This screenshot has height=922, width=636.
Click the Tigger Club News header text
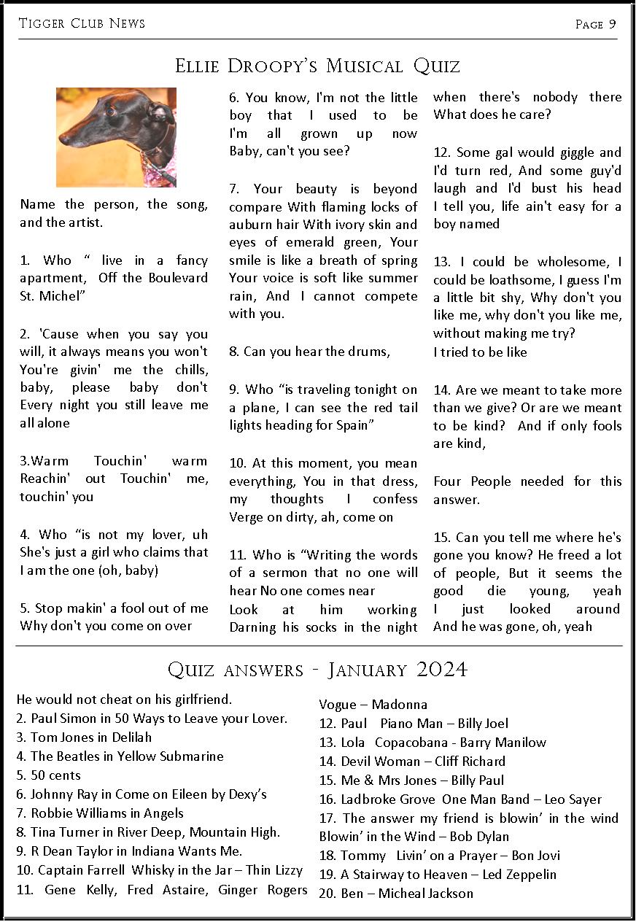[x=82, y=23]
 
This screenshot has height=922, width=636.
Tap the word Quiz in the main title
[x=436, y=66]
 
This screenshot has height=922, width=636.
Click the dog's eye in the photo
[x=111, y=112]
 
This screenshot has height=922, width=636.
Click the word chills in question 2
[x=190, y=370]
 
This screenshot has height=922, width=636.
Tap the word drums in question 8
[x=369, y=352]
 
